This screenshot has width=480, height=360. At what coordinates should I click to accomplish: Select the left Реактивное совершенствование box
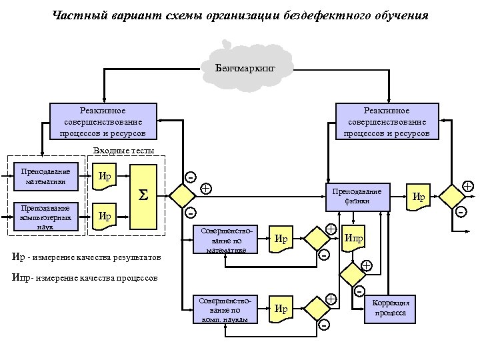(x=103, y=121)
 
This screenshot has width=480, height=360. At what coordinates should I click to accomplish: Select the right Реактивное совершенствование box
(x=387, y=121)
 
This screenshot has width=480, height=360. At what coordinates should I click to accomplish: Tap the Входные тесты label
(x=124, y=151)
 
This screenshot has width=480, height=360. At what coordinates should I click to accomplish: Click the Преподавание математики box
(x=46, y=175)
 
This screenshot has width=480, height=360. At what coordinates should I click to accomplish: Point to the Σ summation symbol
(x=141, y=196)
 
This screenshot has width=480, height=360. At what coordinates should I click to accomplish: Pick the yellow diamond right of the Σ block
(x=180, y=196)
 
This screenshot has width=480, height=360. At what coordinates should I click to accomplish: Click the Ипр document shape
(x=353, y=239)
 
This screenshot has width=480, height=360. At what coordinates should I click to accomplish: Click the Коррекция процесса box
(x=391, y=307)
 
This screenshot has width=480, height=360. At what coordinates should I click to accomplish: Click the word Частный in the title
(x=74, y=15)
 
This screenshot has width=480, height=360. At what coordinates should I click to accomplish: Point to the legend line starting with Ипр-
(x=85, y=277)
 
